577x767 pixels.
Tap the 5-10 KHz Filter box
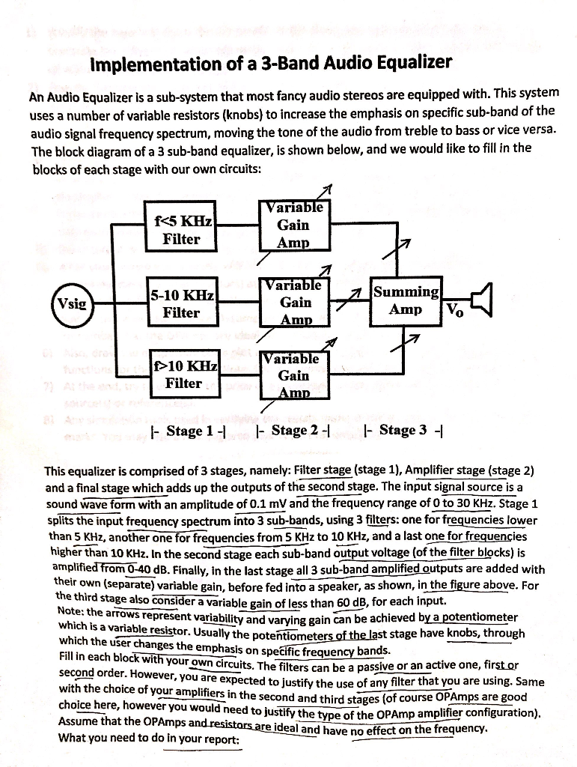(183, 303)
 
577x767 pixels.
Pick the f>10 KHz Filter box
(185, 375)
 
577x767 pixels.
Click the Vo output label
(455, 312)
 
